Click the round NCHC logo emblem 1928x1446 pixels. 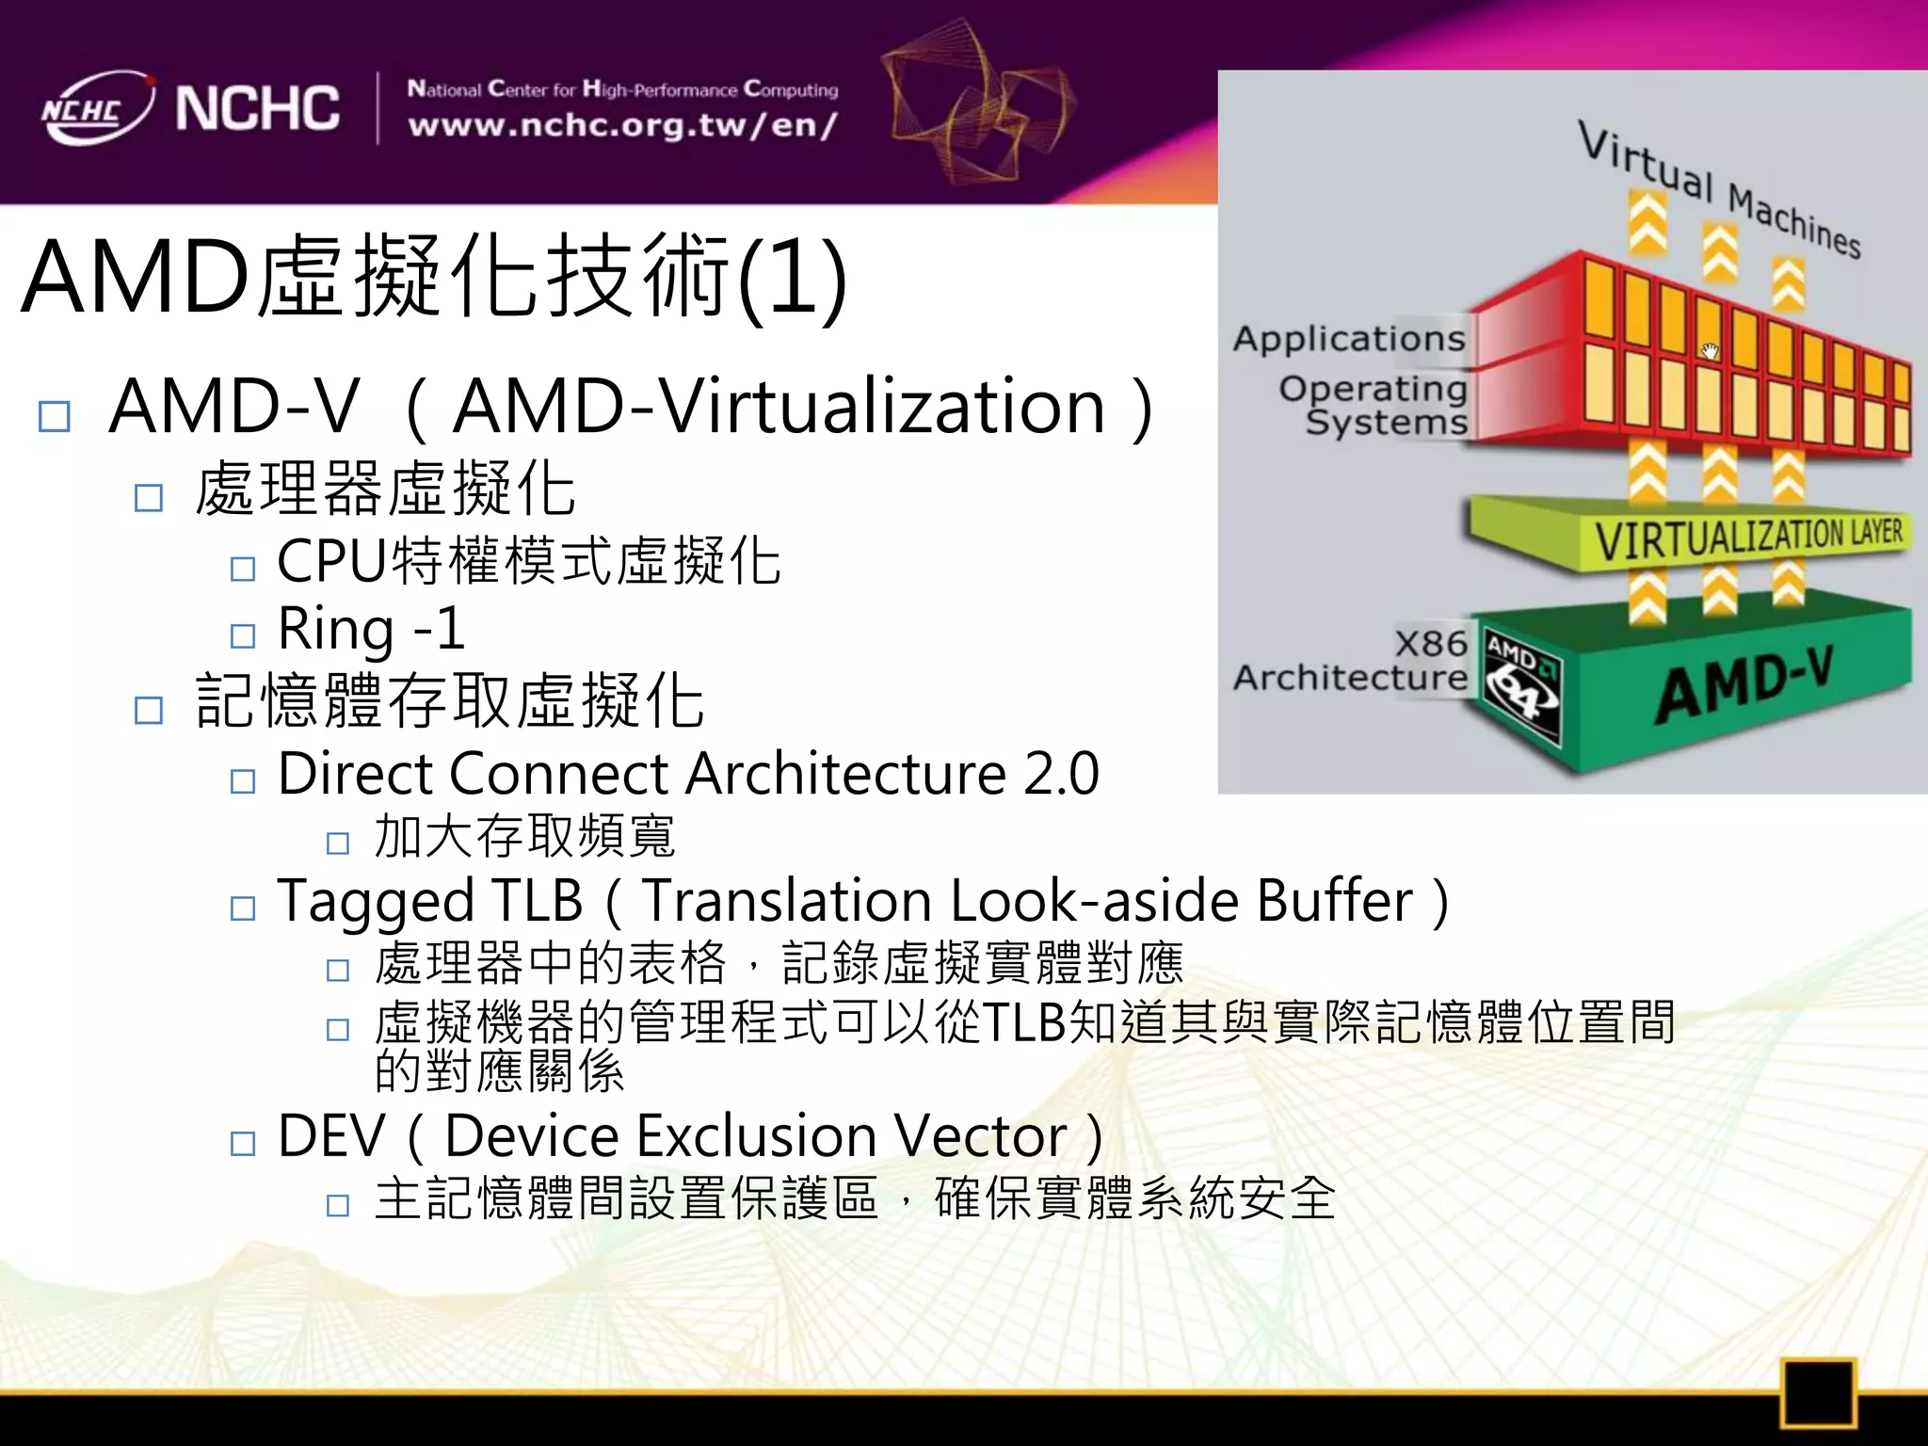coord(96,108)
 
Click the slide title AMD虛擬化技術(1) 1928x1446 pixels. coord(434,277)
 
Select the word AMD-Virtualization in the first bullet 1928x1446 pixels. coord(779,407)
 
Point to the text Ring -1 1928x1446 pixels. coord(371,629)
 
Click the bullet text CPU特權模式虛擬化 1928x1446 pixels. coord(528,561)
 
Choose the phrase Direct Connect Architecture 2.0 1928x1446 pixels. coord(688,774)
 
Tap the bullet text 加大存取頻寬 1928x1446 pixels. coord(524,836)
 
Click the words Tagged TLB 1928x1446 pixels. coord(430,901)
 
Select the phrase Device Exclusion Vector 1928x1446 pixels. coord(756,1136)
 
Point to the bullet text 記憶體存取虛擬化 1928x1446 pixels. coord(449,701)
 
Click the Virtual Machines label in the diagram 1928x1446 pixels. coord(1719,188)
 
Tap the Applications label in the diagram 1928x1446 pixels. coord(1349,339)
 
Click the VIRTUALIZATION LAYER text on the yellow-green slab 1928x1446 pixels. coord(1748,538)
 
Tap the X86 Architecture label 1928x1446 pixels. coord(1352,661)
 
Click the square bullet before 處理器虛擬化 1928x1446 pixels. coord(149,497)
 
